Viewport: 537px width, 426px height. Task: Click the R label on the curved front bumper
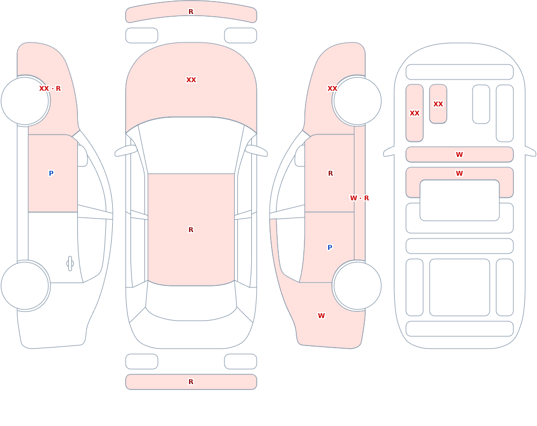point(191,12)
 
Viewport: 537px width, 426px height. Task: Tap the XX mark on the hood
point(191,80)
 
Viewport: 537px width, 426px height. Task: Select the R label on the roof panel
point(191,229)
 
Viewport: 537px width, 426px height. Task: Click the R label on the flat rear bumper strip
point(191,382)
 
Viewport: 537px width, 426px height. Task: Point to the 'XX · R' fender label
point(50,89)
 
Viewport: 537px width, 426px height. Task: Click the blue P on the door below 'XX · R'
point(51,173)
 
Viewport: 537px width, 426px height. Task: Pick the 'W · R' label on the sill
point(359,198)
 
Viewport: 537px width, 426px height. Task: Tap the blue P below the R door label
point(330,247)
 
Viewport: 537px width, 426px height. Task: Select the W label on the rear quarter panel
point(321,316)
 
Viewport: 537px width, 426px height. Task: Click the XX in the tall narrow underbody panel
point(415,113)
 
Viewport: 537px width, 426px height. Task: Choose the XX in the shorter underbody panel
point(438,104)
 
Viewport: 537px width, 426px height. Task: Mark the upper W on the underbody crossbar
point(459,155)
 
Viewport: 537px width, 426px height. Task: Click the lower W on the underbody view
point(459,173)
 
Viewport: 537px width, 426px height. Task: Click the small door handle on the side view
point(70,264)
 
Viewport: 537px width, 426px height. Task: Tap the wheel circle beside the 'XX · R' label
point(25,101)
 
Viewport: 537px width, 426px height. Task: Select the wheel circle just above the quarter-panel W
point(357,285)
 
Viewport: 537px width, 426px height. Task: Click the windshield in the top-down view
point(191,145)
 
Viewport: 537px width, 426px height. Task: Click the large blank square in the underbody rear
point(459,287)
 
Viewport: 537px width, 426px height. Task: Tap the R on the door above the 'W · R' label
point(330,173)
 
